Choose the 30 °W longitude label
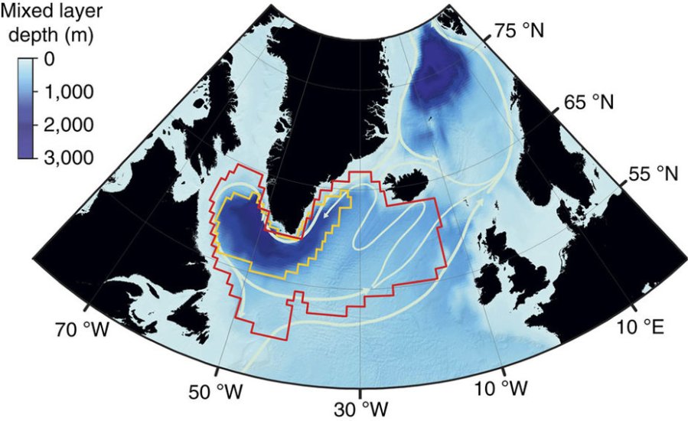(359, 406)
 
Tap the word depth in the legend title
(33, 34)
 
